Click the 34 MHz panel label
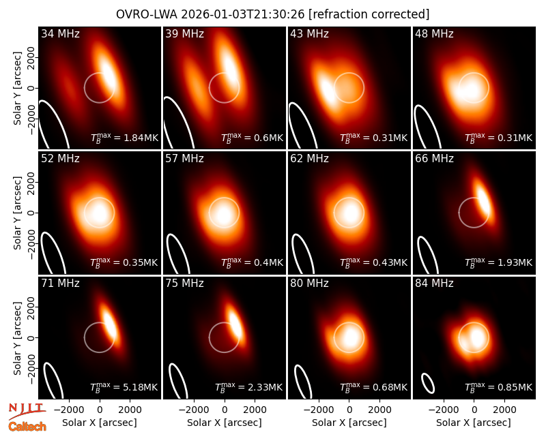[x=60, y=33]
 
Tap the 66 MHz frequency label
[x=434, y=159]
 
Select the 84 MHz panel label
[x=434, y=284]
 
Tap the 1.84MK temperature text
[x=141, y=138]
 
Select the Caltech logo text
[x=27, y=427]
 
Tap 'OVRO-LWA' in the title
[x=147, y=14]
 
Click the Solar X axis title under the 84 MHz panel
[x=474, y=423]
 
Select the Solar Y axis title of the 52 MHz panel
[x=18, y=213]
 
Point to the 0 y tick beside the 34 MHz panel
[x=31, y=88]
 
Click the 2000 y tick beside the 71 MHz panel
[x=31, y=307]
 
